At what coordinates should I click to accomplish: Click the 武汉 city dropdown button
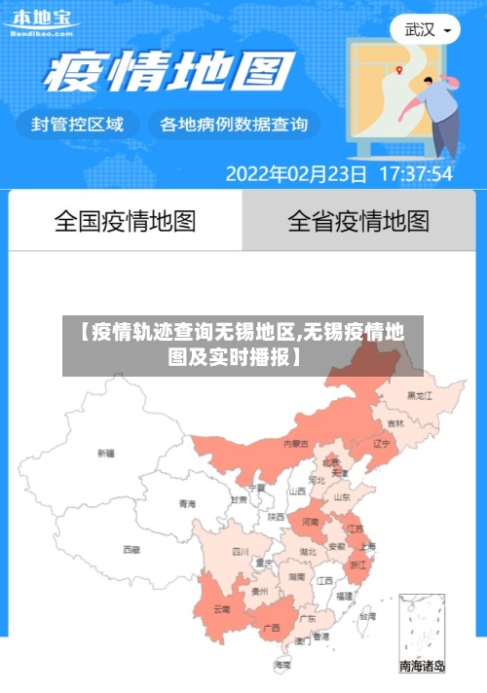pyautogui.click(x=426, y=29)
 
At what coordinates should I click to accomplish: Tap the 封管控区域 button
pyautogui.click(x=78, y=125)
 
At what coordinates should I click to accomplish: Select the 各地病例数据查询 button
pyautogui.click(x=233, y=125)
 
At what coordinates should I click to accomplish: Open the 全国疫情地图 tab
pyautogui.click(x=125, y=221)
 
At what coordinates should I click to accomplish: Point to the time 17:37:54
pyautogui.click(x=415, y=174)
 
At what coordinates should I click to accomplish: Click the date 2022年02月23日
pyautogui.click(x=296, y=174)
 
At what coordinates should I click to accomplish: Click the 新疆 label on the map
pyautogui.click(x=105, y=453)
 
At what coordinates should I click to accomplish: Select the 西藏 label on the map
pyautogui.click(x=131, y=550)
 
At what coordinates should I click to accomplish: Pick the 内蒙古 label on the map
pyautogui.click(x=296, y=443)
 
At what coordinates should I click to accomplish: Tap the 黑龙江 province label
pyautogui.click(x=421, y=395)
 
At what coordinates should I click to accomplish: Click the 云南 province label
pyautogui.click(x=221, y=609)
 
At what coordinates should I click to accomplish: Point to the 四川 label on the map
pyautogui.click(x=240, y=551)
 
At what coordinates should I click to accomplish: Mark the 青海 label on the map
pyautogui.click(x=187, y=504)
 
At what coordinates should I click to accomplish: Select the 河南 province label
pyautogui.click(x=310, y=523)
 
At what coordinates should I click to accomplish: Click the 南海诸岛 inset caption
pyautogui.click(x=423, y=667)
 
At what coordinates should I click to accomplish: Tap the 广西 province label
pyautogui.click(x=272, y=626)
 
